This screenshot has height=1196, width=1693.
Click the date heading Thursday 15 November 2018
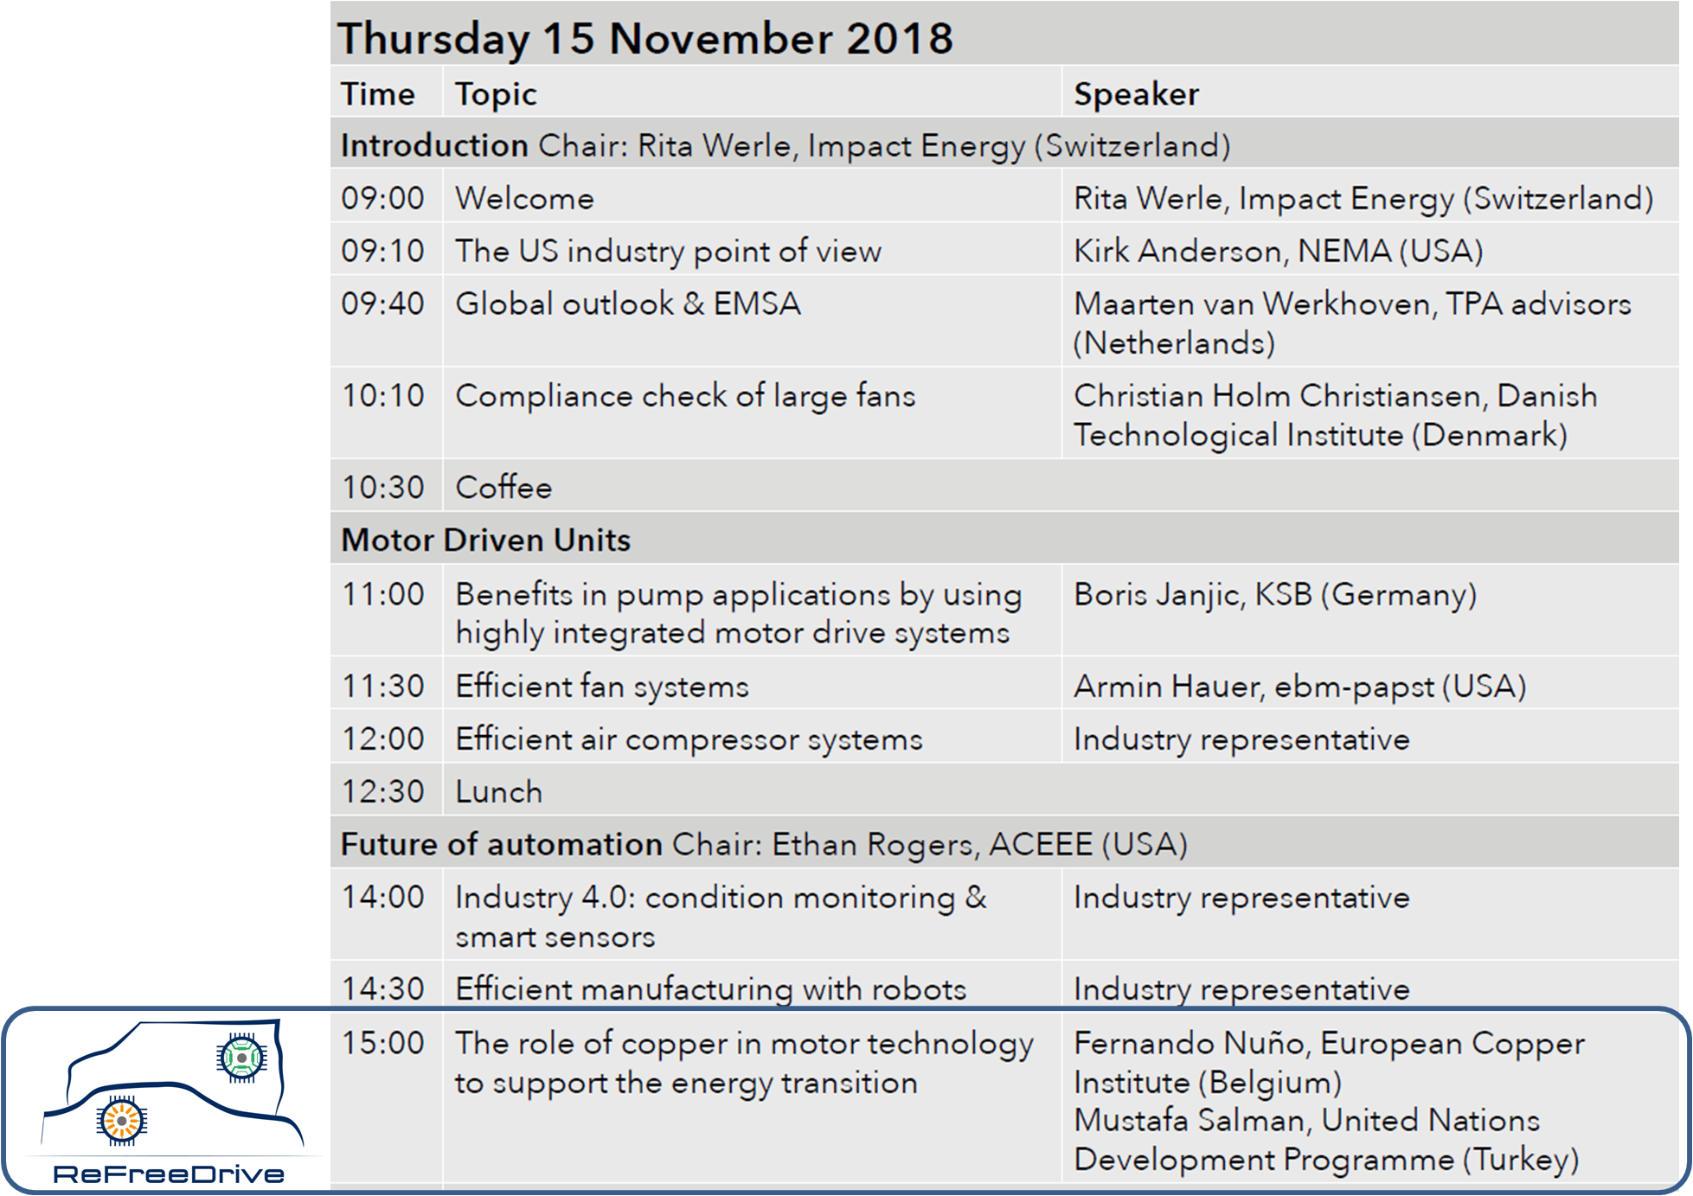coord(645,39)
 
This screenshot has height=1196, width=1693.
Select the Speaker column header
coord(1136,93)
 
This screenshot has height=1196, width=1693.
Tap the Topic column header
coord(496,94)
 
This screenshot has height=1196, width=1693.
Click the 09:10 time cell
coord(382,251)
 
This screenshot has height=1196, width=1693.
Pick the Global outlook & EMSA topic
coord(628,304)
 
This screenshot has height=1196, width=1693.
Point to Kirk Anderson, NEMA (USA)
coord(1278,251)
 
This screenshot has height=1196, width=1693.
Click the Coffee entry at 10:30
coord(503,487)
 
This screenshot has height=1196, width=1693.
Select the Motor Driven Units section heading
coord(485,540)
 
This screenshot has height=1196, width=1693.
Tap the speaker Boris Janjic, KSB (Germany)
coord(1274,595)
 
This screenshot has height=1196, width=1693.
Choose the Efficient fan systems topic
coord(602,687)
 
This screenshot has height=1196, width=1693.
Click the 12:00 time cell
coord(382,739)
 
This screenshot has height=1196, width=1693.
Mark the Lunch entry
coord(499,792)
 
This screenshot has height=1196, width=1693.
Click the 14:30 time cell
coord(382,988)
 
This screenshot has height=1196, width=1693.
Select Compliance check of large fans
coord(685,396)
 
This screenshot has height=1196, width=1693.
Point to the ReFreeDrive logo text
coord(169,1174)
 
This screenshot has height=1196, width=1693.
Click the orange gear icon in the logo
coord(122,1121)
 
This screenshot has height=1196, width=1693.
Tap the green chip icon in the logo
coord(241,1057)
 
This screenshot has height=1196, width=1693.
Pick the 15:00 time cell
coord(382,1043)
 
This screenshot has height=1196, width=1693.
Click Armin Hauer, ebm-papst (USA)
coord(1299,687)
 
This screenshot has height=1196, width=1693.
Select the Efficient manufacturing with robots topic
coord(710,989)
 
